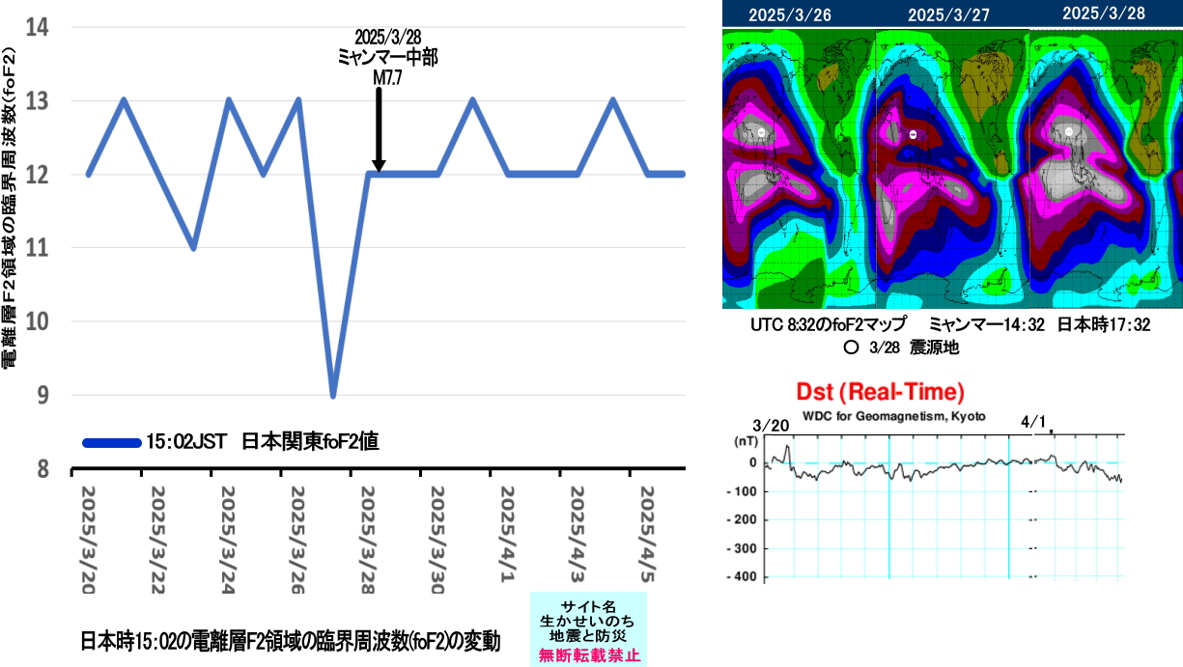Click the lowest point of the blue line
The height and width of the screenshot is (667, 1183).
tap(333, 396)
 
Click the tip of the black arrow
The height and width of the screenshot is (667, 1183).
tap(379, 171)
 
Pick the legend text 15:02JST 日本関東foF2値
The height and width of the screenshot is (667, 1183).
tap(261, 443)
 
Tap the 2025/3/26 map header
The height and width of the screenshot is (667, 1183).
tap(798, 14)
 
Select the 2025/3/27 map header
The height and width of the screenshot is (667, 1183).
tap(951, 14)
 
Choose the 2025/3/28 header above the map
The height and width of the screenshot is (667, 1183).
tap(1105, 14)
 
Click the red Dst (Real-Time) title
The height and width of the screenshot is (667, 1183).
tap(880, 392)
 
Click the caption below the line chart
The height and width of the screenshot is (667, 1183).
tap(290, 641)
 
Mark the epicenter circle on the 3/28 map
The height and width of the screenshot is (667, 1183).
tap(1069, 131)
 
